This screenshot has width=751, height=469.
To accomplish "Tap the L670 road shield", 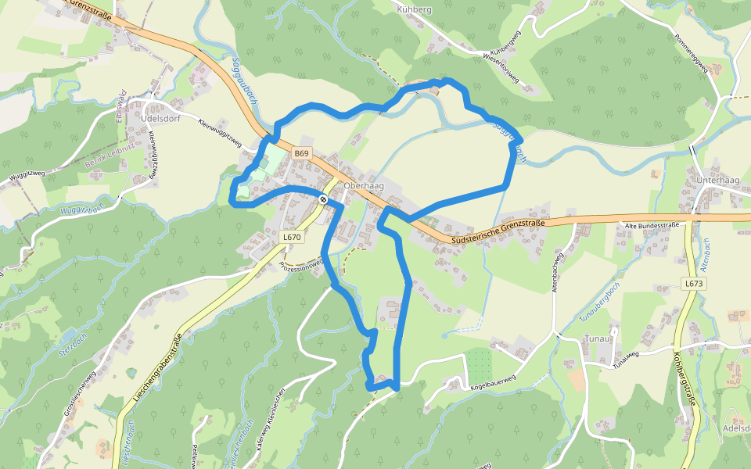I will click(x=292, y=236).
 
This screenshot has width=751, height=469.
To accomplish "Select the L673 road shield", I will click(x=693, y=284).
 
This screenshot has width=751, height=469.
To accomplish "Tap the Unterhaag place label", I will click(x=717, y=181).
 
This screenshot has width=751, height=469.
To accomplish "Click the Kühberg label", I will click(x=415, y=9).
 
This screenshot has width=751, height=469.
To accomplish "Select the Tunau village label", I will click(x=597, y=338).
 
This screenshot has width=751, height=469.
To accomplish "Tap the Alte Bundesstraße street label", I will click(x=650, y=225).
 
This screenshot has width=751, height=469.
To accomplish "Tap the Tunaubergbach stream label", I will click(x=599, y=303).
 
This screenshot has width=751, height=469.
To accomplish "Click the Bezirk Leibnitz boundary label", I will click(x=109, y=149).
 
